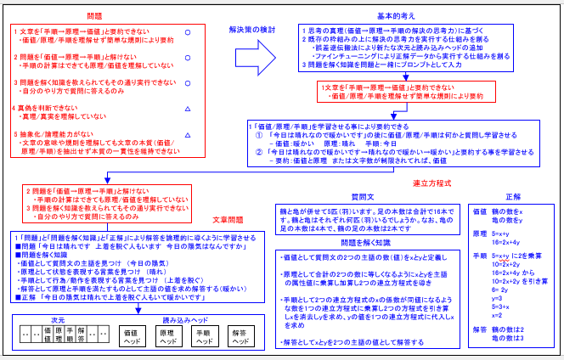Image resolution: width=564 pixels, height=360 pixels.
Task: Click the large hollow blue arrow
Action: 255,59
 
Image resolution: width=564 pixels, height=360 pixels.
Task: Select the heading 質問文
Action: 363,196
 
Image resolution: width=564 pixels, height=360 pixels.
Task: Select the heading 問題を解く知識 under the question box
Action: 363,242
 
